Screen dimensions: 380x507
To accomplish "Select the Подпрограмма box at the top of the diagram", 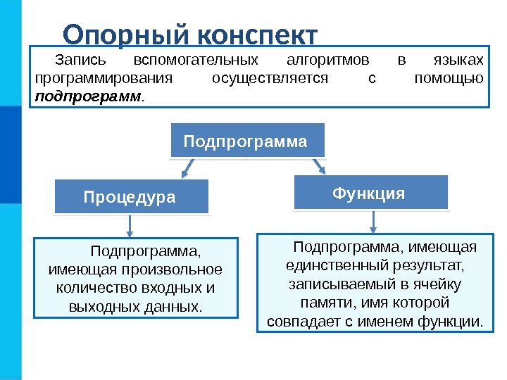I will click(x=246, y=141).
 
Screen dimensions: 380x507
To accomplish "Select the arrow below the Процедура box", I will click(x=130, y=224).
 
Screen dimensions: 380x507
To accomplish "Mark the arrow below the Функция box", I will click(x=373, y=221).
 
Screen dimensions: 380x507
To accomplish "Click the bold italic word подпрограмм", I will click(x=88, y=95).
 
